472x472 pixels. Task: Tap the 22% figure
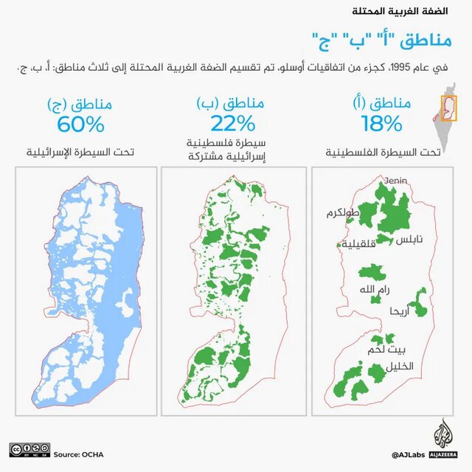click(233, 122)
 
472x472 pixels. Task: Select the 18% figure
click(382, 122)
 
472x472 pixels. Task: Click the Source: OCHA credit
click(76, 454)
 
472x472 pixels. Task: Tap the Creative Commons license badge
click(29, 449)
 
